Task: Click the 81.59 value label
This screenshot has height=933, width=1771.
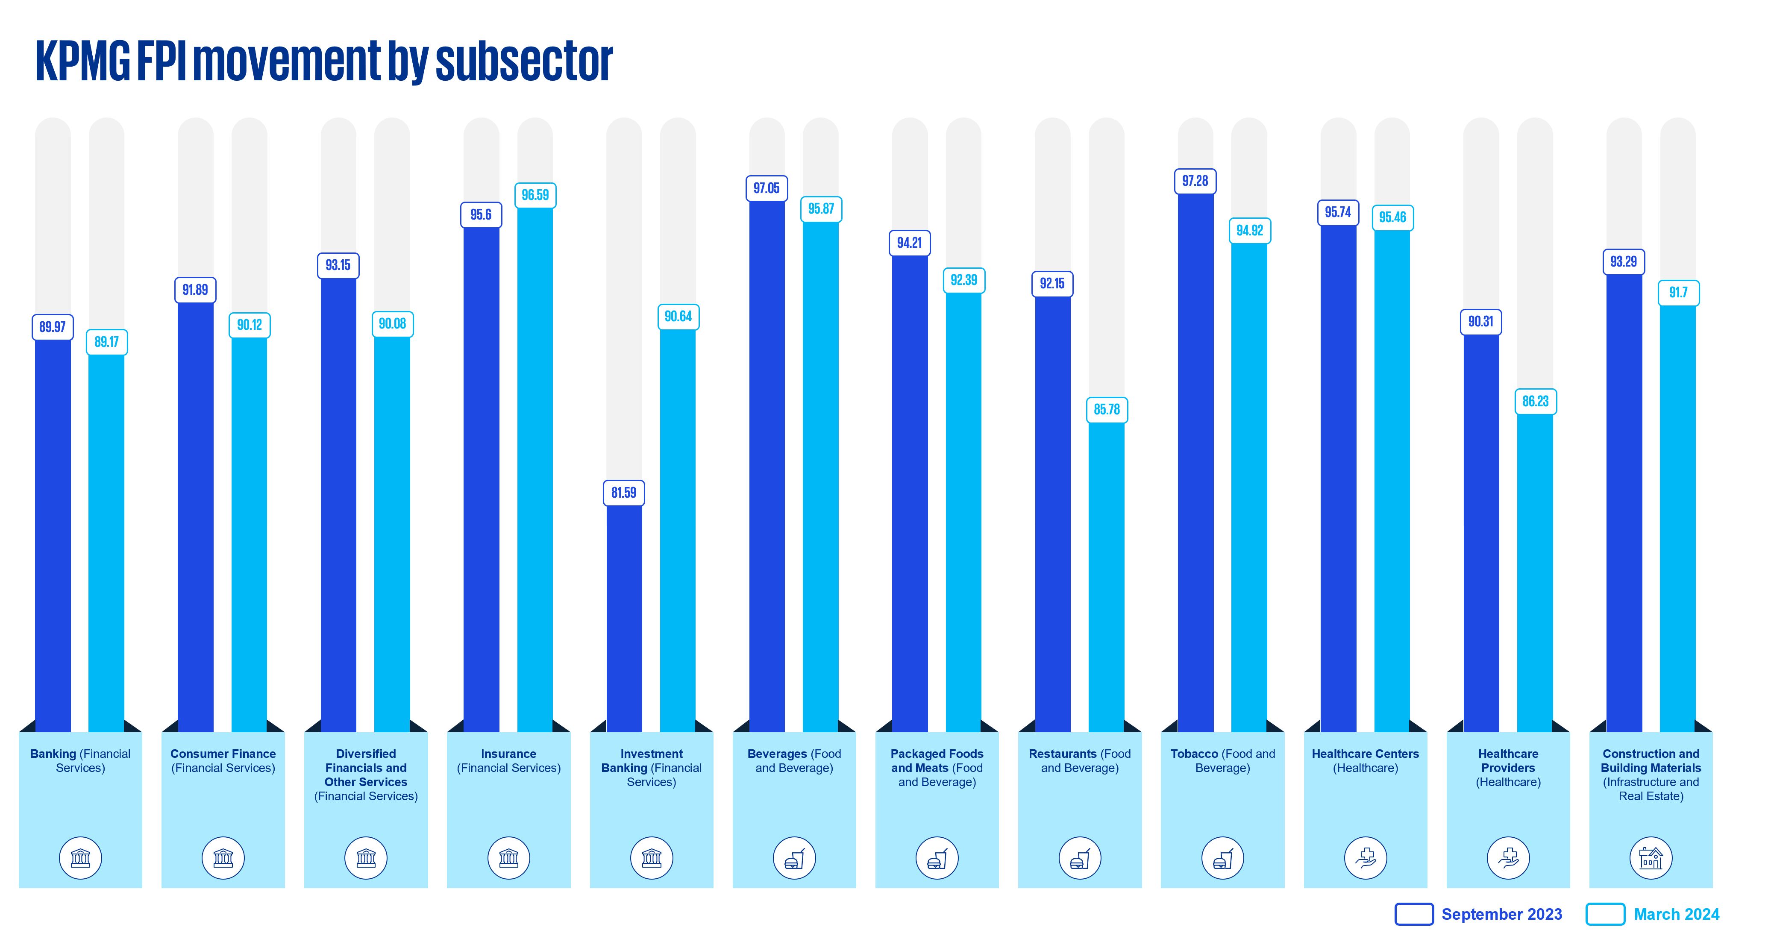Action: tap(623, 493)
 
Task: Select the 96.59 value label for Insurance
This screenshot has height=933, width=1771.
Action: tap(535, 195)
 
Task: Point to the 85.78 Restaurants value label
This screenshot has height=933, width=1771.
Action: tap(1106, 410)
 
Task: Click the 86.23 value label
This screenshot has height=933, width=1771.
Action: tap(1535, 402)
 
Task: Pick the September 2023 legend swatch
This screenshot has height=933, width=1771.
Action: tap(1413, 914)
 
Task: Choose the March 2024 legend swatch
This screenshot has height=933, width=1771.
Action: tap(1605, 914)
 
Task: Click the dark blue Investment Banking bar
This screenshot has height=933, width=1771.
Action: tap(623, 619)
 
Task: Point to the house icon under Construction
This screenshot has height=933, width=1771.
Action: tap(1651, 858)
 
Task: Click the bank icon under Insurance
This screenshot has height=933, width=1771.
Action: tap(509, 858)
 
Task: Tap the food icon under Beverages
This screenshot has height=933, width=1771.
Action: tap(794, 858)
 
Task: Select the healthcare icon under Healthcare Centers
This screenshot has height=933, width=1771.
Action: tap(1366, 858)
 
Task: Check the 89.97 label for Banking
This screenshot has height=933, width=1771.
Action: tap(52, 327)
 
